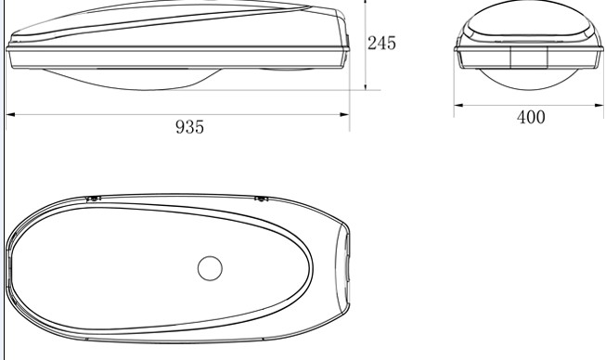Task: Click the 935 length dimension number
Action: [x=189, y=127]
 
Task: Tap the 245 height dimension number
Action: [x=381, y=43]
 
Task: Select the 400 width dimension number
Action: [x=531, y=117]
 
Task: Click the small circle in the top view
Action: [x=210, y=268]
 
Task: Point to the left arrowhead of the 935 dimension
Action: [x=10, y=114]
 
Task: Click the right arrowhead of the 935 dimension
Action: [x=344, y=114]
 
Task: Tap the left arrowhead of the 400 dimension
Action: [x=458, y=105]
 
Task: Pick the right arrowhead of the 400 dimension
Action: [x=599, y=105]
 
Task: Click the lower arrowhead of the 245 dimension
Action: [x=366, y=85]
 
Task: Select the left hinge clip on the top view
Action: [x=93, y=199]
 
